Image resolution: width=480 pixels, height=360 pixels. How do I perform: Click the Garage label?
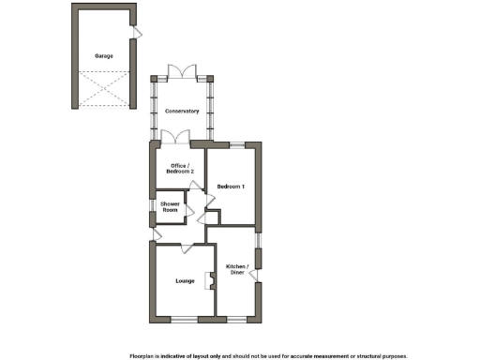pyautogui.click(x=103, y=56)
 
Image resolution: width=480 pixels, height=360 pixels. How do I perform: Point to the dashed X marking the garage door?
pyautogui.click(x=103, y=90)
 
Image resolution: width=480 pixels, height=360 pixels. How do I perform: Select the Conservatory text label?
pyautogui.click(x=182, y=112)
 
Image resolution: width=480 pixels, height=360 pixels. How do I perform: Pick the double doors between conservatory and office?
pyautogui.click(x=174, y=138)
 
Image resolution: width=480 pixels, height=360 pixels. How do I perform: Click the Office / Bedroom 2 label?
pyautogui.click(x=176, y=170)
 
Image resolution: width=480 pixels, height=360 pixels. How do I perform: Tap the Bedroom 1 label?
pyautogui.click(x=231, y=187)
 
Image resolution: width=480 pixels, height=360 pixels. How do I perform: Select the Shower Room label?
pyautogui.click(x=170, y=207)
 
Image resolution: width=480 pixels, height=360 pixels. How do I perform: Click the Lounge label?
pyautogui.click(x=185, y=280)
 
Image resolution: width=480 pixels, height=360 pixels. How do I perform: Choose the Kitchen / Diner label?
pyautogui.click(x=236, y=269)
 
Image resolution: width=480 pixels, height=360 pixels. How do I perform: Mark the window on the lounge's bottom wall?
pyautogui.click(x=185, y=320)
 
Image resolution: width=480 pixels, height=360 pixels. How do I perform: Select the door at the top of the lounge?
pyautogui.click(x=188, y=246)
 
